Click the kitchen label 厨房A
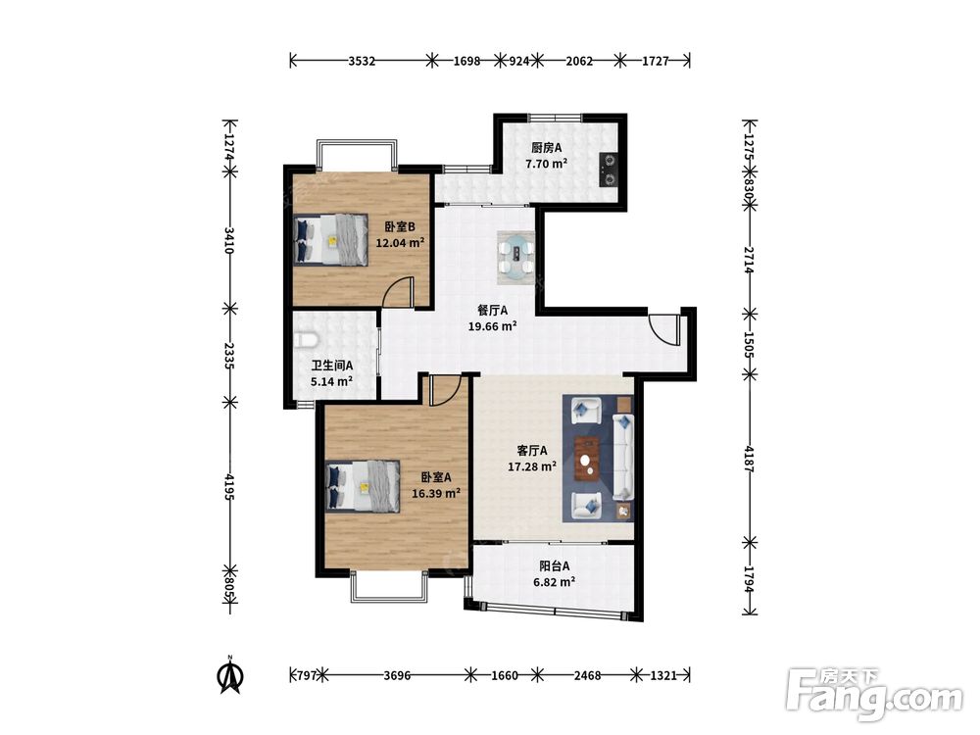click(546, 148)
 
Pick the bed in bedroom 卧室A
click(364, 487)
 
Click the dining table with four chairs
click(516, 256)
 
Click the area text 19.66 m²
click(493, 325)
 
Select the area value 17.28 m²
click(532, 466)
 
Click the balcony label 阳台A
click(555, 566)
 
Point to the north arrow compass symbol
click(230, 675)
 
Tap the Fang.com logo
click(875, 693)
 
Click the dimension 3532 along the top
click(362, 61)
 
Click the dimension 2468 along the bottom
click(587, 675)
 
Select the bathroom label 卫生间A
click(332, 366)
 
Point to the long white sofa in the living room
click(622, 457)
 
